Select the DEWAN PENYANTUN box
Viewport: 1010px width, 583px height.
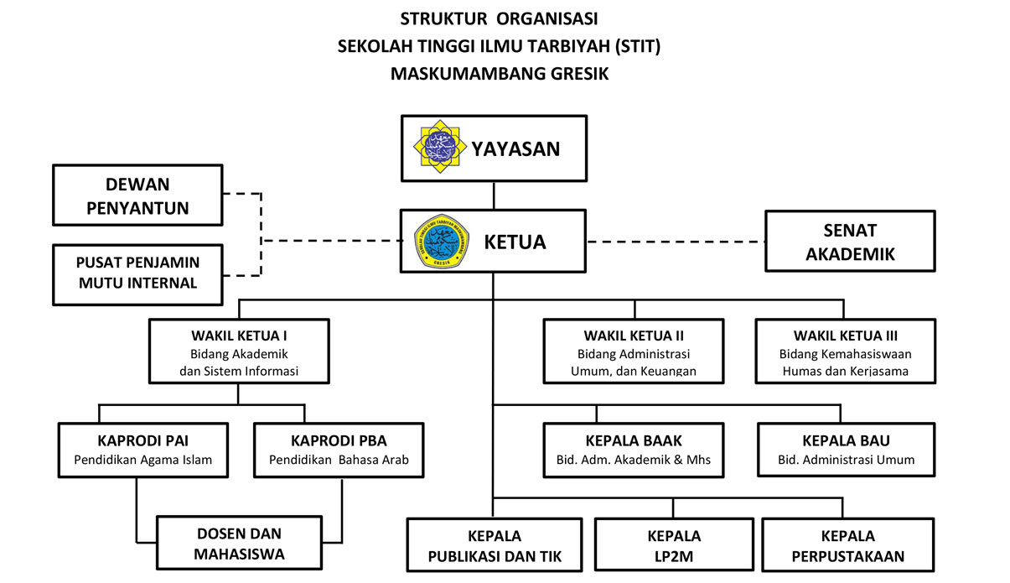[138, 195]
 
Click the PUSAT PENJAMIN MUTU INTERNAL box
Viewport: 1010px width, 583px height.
[138, 273]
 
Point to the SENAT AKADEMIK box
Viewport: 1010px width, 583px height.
[850, 242]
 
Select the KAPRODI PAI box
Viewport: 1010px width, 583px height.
[143, 450]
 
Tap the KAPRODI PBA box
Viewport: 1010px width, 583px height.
[339, 450]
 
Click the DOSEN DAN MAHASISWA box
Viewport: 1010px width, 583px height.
[239, 543]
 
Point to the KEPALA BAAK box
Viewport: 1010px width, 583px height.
[634, 450]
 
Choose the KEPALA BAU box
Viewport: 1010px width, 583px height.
[846, 450]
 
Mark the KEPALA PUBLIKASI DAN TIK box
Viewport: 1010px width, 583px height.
[495, 545]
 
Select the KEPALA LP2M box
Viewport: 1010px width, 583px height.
[674, 545]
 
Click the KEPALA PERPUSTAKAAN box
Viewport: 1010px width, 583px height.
[847, 545]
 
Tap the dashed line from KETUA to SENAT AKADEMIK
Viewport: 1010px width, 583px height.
[676, 242]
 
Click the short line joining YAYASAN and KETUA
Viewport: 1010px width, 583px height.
[493, 195]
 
